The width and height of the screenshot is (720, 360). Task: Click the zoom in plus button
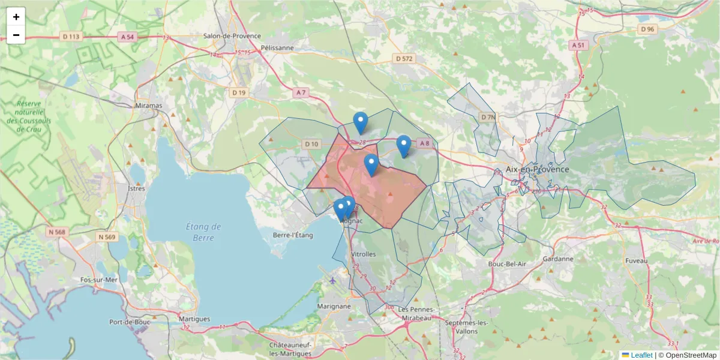coord(16,17)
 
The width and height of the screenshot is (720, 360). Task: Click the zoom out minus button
coord(16,35)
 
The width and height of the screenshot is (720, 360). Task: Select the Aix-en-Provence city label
coord(537,169)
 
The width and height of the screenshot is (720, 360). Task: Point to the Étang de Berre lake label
coord(203,232)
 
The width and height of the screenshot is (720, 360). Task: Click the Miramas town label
coord(149,106)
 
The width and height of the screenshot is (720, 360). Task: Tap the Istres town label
coord(137,188)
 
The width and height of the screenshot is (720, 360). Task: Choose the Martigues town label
coord(194,319)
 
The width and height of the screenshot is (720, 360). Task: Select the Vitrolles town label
coord(363,254)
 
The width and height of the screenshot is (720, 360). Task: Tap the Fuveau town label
coord(637,261)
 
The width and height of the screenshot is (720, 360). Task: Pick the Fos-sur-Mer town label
coord(99,280)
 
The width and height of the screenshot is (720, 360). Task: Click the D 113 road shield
coord(71,37)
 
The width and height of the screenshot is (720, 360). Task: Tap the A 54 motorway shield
coord(127,37)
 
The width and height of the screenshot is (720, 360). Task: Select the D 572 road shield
coord(404,58)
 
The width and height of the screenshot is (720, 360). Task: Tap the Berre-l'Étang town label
coord(293,235)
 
